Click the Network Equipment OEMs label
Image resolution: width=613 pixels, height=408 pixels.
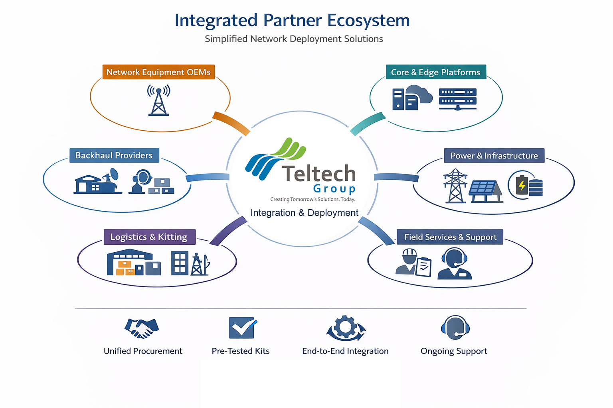pyautogui.click(x=158, y=72)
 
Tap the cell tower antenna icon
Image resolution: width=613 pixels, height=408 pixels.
pyautogui.click(x=159, y=100)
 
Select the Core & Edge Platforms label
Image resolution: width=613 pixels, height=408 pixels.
pyautogui.click(x=435, y=72)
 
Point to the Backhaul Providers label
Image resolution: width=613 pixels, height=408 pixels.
pyautogui.click(x=114, y=155)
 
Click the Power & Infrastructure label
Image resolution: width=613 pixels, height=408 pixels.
pyautogui.click(x=494, y=156)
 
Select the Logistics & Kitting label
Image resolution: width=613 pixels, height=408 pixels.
pyautogui.click(x=149, y=237)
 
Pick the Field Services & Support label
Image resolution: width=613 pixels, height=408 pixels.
pyautogui.click(x=450, y=237)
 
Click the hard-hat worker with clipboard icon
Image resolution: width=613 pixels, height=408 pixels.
pyautogui.click(x=413, y=263)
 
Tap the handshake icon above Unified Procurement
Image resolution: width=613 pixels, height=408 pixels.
pyautogui.click(x=141, y=328)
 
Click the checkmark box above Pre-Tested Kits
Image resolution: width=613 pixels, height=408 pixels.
pyautogui.click(x=242, y=328)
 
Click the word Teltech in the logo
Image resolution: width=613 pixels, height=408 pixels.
pyautogui.click(x=318, y=174)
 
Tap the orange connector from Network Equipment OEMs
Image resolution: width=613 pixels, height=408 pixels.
pyautogui.click(x=231, y=123)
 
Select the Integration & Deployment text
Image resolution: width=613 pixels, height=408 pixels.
pyautogui.click(x=304, y=213)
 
